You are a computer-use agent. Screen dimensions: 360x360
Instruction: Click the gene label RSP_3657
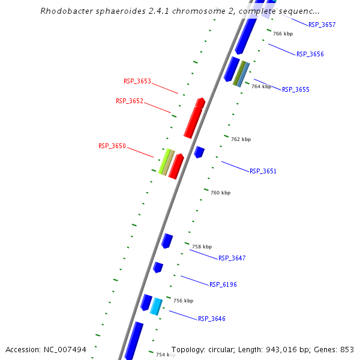click(322, 25)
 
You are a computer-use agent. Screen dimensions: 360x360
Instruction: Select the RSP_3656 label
click(310, 54)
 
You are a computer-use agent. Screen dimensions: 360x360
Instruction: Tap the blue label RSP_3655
click(295, 89)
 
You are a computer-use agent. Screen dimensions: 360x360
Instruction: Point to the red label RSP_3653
click(137, 81)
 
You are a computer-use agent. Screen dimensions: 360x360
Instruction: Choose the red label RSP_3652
click(130, 101)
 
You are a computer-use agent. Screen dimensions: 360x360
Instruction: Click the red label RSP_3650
click(112, 146)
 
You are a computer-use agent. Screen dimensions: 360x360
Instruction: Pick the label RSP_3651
click(263, 171)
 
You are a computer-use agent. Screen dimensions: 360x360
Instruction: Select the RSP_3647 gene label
click(232, 258)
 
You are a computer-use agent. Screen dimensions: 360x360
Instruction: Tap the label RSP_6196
click(223, 284)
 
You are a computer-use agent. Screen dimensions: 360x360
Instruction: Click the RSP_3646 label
click(211, 319)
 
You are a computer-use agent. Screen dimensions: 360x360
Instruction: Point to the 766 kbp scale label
click(283, 34)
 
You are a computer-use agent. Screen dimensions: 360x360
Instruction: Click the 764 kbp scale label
click(261, 86)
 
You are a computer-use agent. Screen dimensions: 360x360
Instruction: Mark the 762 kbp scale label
click(241, 139)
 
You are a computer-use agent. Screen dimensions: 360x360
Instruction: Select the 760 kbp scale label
click(220, 193)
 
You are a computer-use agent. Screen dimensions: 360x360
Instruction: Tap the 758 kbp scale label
click(202, 247)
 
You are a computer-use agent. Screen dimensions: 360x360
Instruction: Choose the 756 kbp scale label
click(183, 301)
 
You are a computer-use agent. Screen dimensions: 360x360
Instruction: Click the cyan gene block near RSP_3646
click(156, 306)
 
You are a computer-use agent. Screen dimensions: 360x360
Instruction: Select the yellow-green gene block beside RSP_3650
click(164, 161)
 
